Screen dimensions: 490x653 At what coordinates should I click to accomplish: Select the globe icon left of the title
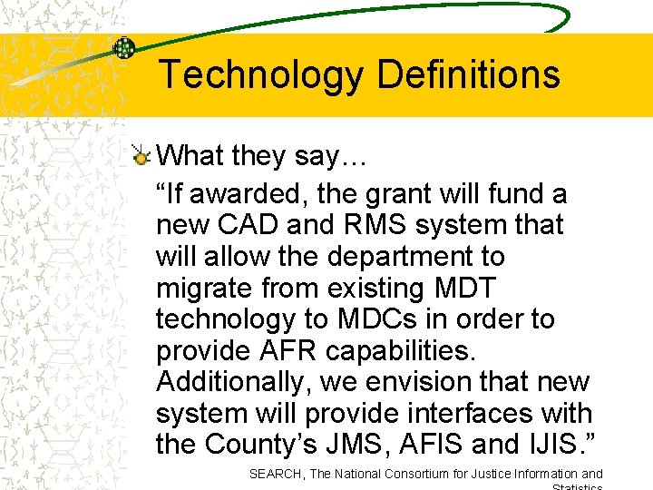(124, 49)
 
